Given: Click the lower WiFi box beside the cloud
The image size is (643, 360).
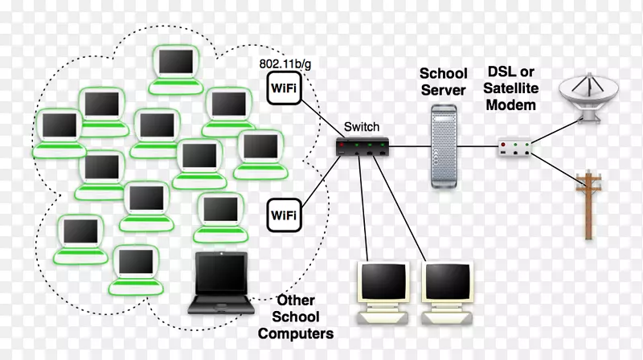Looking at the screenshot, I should [x=282, y=215].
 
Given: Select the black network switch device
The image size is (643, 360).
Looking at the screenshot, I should [x=363, y=146].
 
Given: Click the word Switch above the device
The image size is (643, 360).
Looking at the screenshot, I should [x=362, y=126].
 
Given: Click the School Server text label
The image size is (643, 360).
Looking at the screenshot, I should [x=444, y=82].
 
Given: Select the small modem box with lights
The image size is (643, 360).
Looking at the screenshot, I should [x=515, y=147].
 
